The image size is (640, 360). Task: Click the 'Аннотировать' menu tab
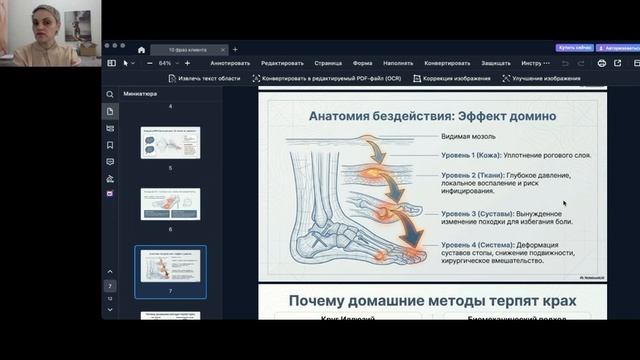tap(230, 63)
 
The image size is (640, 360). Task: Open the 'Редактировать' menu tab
tap(282, 63)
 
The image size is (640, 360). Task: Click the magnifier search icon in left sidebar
tap(110, 94)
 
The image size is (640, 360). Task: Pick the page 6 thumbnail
tap(170, 204)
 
